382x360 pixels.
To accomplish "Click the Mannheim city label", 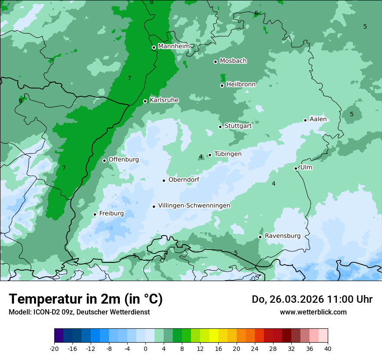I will coord(174,46).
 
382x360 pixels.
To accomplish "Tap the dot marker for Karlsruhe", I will coord(145,101).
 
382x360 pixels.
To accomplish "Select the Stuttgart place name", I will coord(238,126).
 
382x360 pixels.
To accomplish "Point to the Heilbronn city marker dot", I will coord(222,85).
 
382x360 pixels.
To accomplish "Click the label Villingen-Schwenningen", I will coord(194,206).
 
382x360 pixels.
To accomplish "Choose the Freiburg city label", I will coord(111,213).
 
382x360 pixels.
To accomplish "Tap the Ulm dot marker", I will coord(296,168).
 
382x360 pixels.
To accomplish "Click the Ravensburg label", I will coord(282,236).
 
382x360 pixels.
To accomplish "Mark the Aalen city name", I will coord(318,119).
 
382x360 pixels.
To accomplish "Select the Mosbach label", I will coord(233,61).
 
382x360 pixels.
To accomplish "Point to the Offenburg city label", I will coord(124,160).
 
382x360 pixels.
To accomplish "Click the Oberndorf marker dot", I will coord(164,180).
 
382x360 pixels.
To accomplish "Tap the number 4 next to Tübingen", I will coord(201,157).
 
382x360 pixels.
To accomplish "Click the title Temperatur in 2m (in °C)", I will coord(86,299).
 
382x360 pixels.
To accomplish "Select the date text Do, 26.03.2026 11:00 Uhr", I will coord(312,299).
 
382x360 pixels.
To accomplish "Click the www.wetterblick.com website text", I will coord(313,312).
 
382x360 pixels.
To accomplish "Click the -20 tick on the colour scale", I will coord(54,348).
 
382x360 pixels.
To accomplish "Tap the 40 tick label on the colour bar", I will coord(327,348).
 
